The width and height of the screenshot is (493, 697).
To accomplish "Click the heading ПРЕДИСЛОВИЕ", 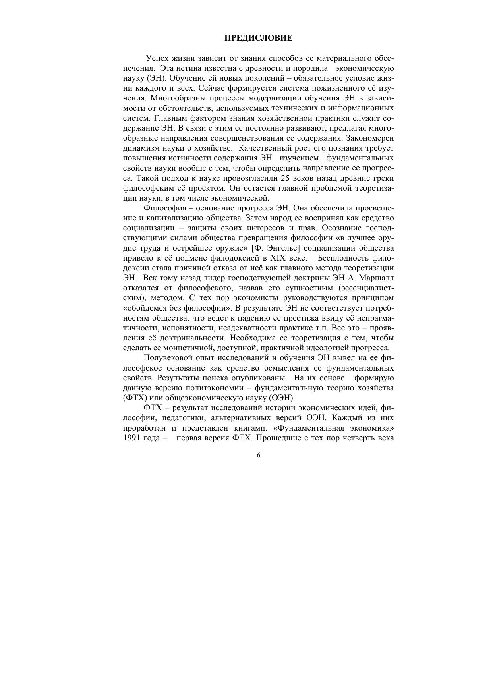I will coord(258,38).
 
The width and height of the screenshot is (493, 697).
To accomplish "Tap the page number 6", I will coord(259,456).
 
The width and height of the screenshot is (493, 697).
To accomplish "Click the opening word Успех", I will coord(157,58).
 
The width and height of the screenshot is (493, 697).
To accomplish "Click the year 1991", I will coord(133,438).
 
